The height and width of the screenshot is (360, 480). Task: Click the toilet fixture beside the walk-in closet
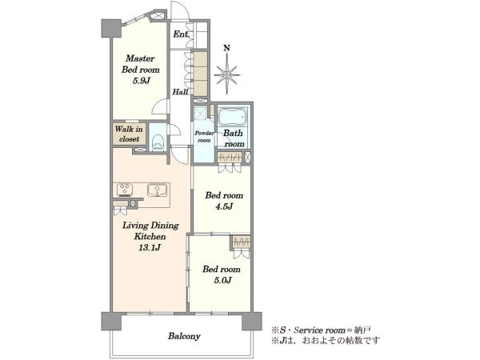(x=158, y=142)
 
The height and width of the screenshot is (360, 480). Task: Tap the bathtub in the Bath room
(x=233, y=117)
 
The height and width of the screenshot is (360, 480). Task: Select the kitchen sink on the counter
(x=157, y=190)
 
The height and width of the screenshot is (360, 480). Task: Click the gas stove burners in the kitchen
(x=125, y=190)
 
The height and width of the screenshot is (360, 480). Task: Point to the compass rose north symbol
(x=226, y=74)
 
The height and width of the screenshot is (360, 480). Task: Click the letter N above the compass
(x=227, y=48)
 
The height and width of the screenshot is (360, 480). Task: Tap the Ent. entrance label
(x=181, y=34)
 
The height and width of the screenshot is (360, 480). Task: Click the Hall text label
(x=180, y=91)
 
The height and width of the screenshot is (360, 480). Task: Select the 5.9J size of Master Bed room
(x=141, y=81)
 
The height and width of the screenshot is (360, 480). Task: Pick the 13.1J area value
(x=150, y=247)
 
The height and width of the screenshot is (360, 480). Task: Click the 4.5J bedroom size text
(x=224, y=206)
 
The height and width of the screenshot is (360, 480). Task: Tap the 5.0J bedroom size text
(x=222, y=280)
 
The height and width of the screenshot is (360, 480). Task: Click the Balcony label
(x=184, y=336)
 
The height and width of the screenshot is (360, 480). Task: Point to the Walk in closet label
(x=129, y=134)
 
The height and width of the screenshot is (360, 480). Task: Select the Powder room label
(x=204, y=137)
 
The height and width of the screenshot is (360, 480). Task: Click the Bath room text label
(x=234, y=138)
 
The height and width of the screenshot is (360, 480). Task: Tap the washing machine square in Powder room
(x=201, y=113)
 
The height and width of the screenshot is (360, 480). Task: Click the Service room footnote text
(x=321, y=330)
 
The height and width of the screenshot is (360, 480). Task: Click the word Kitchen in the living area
(x=150, y=236)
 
